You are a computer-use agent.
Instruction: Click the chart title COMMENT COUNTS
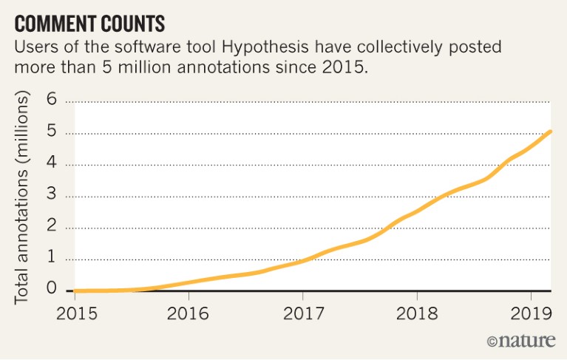pos(89,23)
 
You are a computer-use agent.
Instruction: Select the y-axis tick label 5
pos(52,133)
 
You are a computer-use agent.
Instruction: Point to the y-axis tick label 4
pos(52,165)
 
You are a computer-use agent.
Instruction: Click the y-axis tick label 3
pos(52,197)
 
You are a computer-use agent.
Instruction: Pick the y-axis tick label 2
pos(52,228)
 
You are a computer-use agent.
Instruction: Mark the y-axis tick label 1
pos(52,259)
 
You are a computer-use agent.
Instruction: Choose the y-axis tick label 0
pos(52,290)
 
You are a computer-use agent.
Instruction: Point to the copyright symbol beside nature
pos(492,341)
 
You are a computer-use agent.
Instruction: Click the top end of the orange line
pos(550,132)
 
